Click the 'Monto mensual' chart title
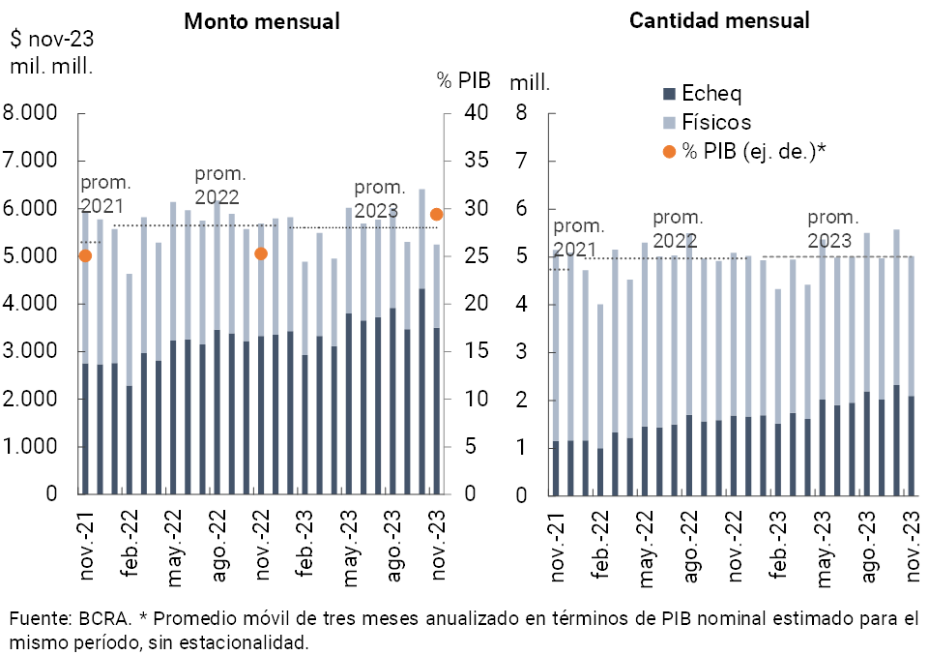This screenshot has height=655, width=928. coord(262,21)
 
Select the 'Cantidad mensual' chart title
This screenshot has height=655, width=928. coord(719,20)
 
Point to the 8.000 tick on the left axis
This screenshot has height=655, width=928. coord(31,113)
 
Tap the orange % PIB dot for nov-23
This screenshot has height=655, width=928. coord(437,214)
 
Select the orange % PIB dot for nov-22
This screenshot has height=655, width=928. coord(260,253)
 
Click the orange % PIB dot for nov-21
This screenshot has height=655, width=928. coord(85,255)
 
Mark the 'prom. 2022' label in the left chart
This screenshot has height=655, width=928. coord(220,185)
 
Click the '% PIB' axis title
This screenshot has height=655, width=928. coord(458,80)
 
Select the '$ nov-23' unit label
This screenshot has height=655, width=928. coord(51,40)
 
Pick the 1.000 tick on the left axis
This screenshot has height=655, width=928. coord(31,447)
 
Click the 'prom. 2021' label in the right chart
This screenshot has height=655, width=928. coord(578,237)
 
